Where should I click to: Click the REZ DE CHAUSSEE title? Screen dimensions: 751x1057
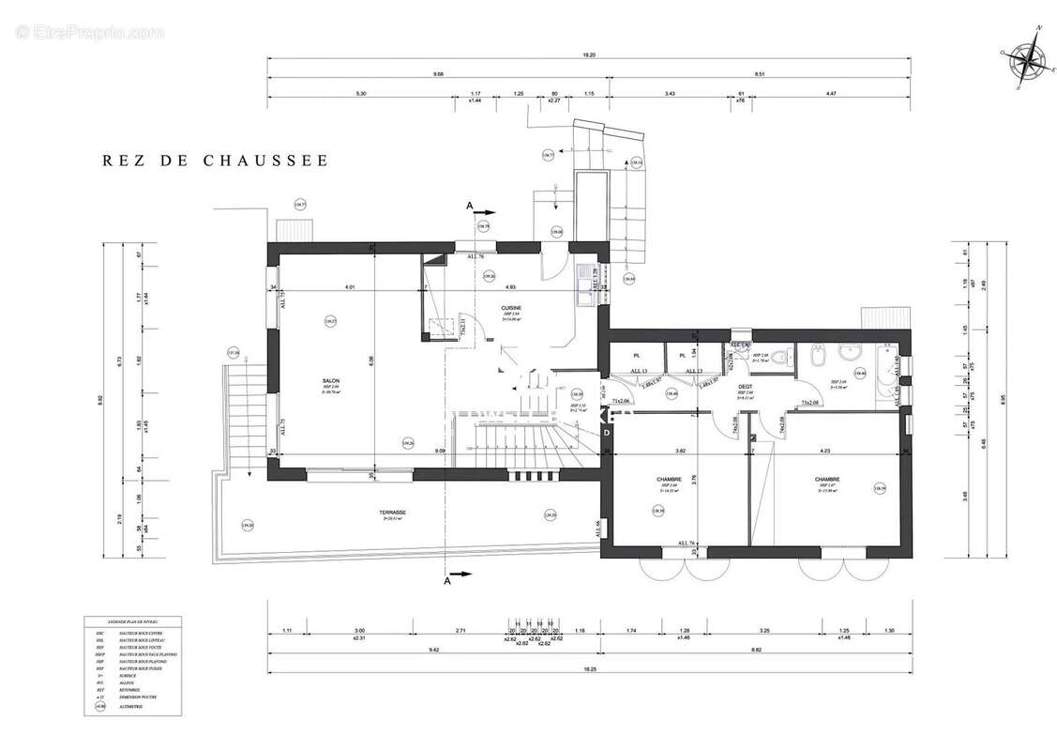tap(216, 161)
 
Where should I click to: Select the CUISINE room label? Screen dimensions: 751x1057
tap(511, 308)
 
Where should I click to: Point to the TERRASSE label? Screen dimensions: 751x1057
tap(392, 513)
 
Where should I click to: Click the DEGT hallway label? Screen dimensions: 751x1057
tap(745, 387)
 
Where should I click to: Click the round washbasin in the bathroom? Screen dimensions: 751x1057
tap(852, 354)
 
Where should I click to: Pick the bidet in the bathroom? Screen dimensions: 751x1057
tap(814, 356)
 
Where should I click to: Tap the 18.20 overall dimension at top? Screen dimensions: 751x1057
tap(588, 55)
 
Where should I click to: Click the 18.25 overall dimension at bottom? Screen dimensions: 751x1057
tap(589, 669)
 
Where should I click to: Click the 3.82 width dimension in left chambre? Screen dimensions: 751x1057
tap(682, 451)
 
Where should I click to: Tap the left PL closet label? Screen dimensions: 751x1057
tap(636, 356)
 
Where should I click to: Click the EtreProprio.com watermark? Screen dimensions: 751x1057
tap(89, 33)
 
